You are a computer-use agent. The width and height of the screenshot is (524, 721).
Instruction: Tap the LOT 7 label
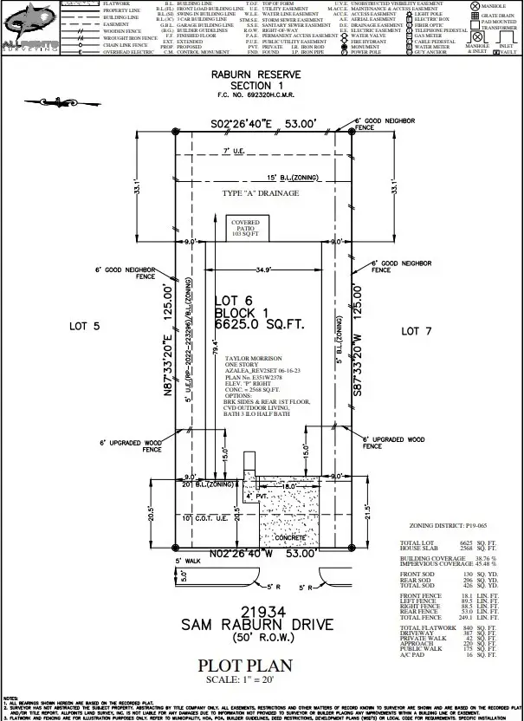(421, 331)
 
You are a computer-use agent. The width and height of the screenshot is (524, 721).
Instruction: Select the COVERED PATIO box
(246, 227)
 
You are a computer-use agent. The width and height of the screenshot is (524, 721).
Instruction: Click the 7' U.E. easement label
(234, 151)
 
